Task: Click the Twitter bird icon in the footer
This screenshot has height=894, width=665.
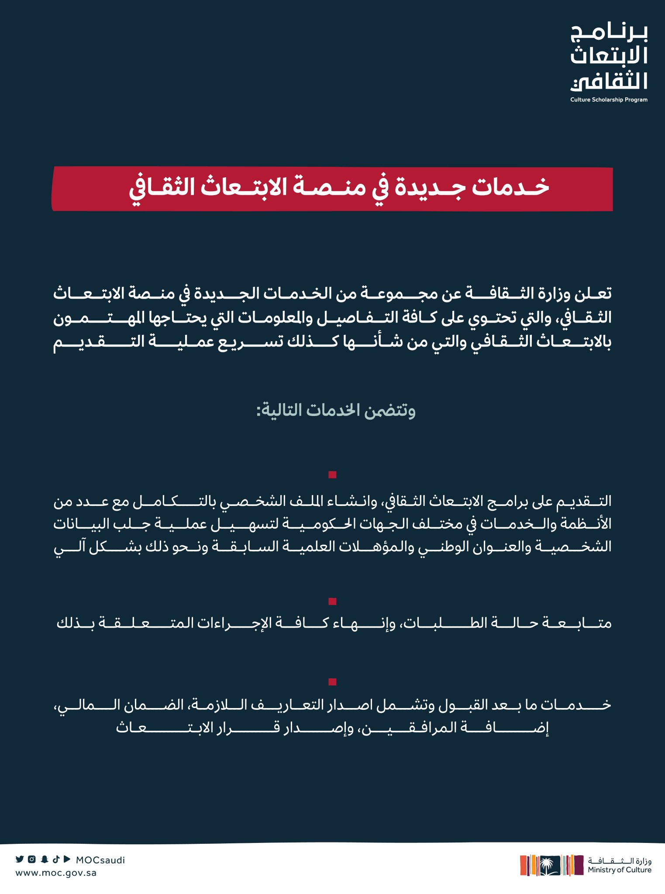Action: tap(20, 859)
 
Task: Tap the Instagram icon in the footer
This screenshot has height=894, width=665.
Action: tap(32, 859)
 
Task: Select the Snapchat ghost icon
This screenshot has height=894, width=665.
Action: tap(44, 859)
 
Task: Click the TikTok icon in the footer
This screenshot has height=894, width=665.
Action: tap(56, 859)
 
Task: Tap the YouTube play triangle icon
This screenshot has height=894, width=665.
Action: tap(67, 859)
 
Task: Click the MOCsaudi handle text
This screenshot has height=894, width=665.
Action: tap(100, 860)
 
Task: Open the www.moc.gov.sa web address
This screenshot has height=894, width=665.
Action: tap(56, 873)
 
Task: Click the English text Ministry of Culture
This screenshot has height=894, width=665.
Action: tap(619, 870)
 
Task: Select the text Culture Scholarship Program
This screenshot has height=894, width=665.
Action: tap(609, 100)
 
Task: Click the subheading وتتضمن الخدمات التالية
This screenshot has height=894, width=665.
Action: tap(335, 410)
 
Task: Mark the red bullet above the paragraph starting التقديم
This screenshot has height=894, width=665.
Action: tap(332, 475)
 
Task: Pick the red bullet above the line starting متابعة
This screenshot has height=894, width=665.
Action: tap(332, 601)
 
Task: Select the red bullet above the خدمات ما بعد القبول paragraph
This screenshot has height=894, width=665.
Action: tap(332, 682)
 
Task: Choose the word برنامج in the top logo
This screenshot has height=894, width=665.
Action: tap(609, 33)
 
